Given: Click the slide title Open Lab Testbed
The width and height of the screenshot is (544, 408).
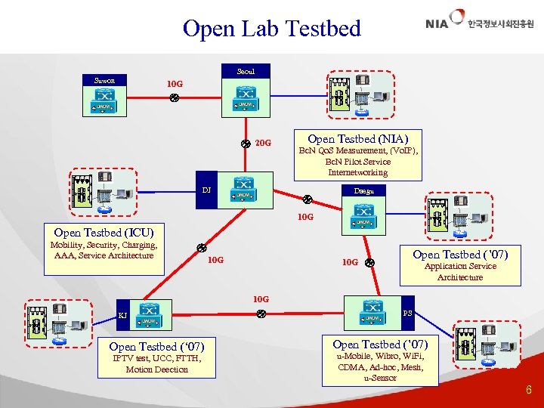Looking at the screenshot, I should click(271, 29).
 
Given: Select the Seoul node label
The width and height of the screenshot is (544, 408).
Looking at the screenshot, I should click(246, 72).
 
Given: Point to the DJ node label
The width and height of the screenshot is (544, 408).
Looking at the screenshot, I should click(206, 189).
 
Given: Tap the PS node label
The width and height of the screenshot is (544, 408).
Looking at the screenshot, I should click(407, 312).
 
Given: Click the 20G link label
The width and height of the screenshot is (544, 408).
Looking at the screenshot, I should click(262, 143).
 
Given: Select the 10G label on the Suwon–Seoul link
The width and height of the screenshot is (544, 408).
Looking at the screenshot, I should click(175, 83).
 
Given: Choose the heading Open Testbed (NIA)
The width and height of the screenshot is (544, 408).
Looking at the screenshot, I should click(358, 138).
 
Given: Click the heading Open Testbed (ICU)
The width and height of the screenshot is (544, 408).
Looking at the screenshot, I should click(104, 233).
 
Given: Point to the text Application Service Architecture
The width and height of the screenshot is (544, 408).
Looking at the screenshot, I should click(460, 271).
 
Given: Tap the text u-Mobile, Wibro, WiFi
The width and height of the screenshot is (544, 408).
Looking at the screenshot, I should click(380, 356).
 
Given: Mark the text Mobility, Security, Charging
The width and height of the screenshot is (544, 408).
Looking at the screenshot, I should click(104, 245).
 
